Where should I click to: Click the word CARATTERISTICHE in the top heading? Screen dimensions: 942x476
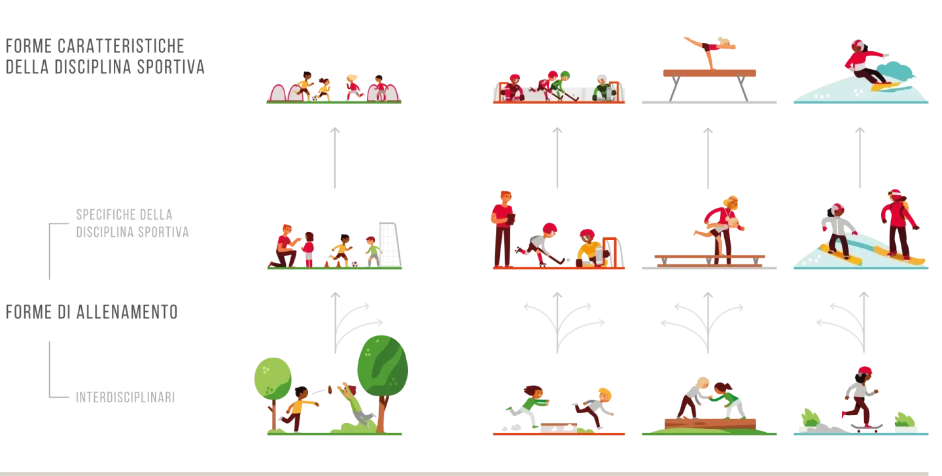(121, 46)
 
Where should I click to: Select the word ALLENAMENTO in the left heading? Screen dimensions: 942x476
(128, 313)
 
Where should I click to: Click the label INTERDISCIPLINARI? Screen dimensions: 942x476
(126, 398)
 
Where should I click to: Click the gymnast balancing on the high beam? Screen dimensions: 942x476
(710, 51)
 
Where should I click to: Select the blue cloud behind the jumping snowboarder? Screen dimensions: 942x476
(894, 72)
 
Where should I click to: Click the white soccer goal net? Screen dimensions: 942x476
(389, 244)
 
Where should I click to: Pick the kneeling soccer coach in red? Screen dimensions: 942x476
(285, 246)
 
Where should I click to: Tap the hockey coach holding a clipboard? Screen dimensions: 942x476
(503, 229)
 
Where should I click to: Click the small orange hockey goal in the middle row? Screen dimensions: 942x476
(612, 252)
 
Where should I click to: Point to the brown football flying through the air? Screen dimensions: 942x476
(330, 390)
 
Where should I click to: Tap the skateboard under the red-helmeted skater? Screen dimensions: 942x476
(867, 428)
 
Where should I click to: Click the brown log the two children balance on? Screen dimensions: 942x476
(710, 424)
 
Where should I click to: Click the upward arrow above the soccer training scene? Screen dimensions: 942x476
(335, 158)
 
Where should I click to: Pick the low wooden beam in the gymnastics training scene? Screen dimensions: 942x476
(709, 260)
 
